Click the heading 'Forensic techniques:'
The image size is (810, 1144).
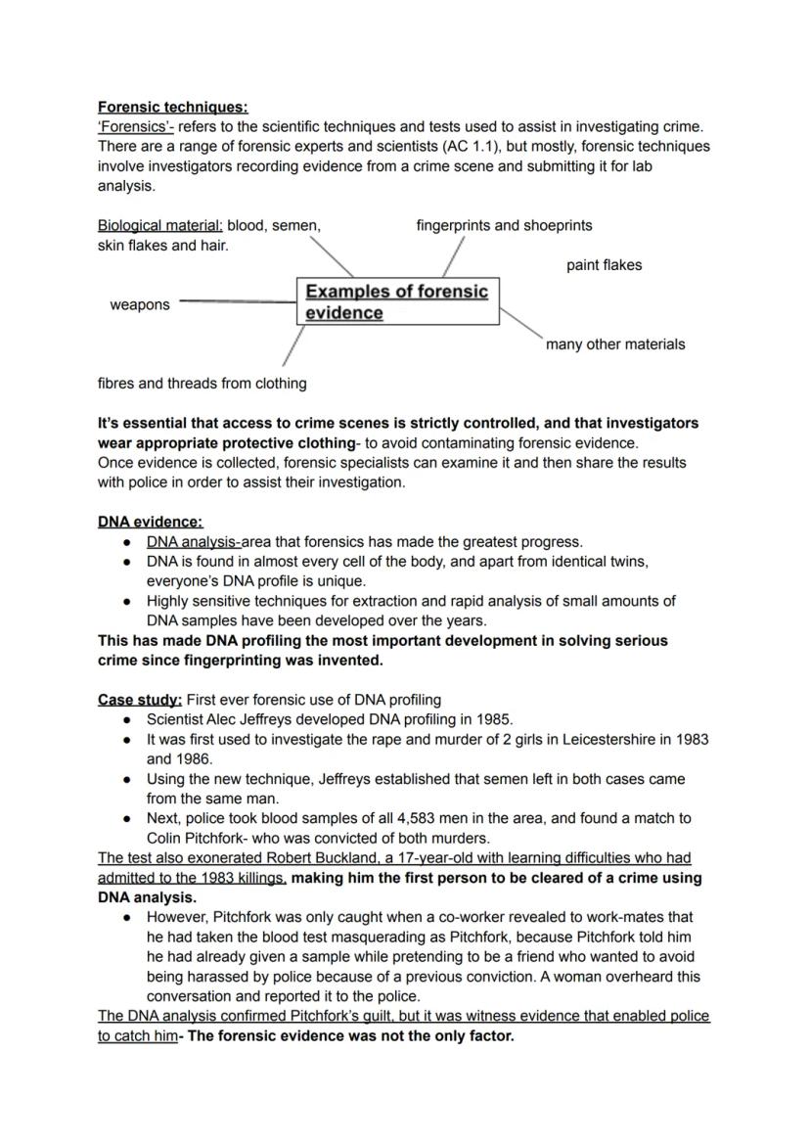(x=172, y=107)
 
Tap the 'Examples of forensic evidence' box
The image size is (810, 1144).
(x=396, y=301)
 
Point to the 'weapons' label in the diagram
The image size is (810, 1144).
(x=139, y=305)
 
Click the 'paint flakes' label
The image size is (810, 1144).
(x=604, y=265)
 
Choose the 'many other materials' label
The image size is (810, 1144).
(x=614, y=344)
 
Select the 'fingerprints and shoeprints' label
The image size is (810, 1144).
(x=504, y=226)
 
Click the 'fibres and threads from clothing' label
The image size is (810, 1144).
(x=202, y=384)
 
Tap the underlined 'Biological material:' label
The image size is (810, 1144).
(x=160, y=226)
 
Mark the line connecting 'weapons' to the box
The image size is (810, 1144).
(x=238, y=301)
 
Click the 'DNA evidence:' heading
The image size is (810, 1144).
(x=150, y=522)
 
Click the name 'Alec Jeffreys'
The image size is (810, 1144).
(x=256, y=719)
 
